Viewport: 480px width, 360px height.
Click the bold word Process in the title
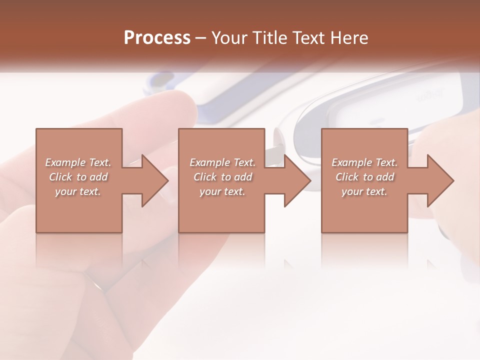[x=157, y=38]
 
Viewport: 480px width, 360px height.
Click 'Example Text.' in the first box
[x=78, y=162]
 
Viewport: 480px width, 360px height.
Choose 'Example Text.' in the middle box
[x=222, y=162]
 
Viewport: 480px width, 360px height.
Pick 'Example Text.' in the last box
[x=364, y=162]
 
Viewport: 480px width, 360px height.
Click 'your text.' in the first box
[x=78, y=191]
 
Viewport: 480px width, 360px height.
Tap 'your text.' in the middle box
[x=222, y=191]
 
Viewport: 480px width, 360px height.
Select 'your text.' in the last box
[x=364, y=191]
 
